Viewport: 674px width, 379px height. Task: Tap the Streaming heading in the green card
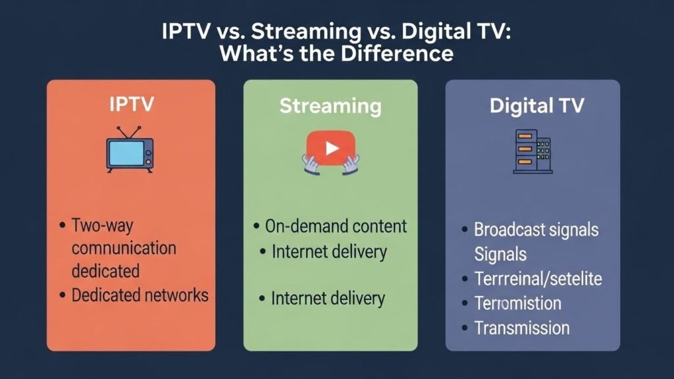tap(330, 106)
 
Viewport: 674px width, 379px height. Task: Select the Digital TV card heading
tap(536, 106)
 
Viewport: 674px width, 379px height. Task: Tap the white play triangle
tap(332, 149)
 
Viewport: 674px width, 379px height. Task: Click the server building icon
tap(532, 152)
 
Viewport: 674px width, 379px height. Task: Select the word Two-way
tap(102, 226)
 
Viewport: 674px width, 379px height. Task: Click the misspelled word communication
tap(124, 248)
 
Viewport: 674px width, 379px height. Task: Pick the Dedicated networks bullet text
tap(140, 295)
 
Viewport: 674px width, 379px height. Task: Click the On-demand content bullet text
tap(336, 226)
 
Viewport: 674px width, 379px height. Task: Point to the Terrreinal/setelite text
tap(538, 278)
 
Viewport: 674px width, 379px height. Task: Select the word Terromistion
tap(517, 303)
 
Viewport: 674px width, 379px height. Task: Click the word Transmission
tap(522, 328)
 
